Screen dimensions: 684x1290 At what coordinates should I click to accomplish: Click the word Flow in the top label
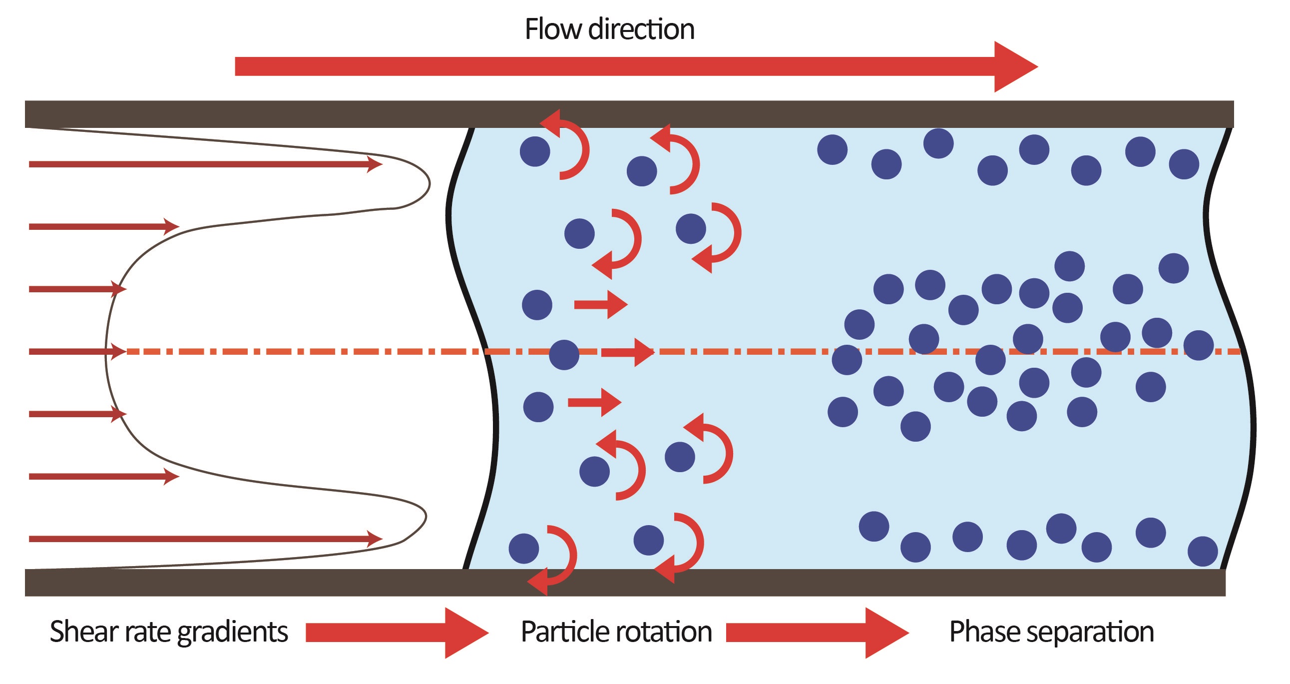tap(553, 29)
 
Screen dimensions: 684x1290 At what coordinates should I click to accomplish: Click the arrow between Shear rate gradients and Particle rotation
tap(396, 633)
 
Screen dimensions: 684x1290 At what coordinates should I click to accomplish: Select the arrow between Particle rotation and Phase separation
tap(816, 633)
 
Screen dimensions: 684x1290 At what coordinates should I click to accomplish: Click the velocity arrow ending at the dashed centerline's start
tap(75, 352)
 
